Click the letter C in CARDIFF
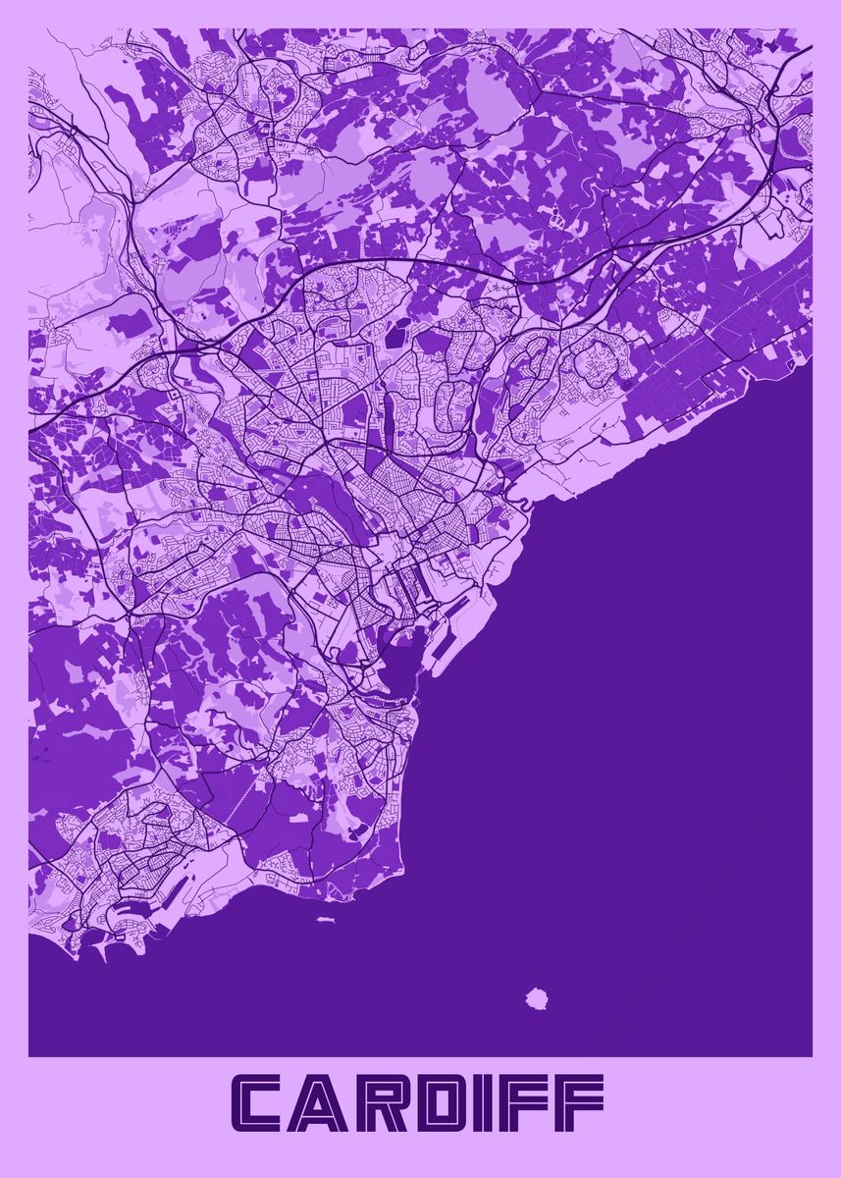point(267,1102)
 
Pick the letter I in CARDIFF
point(502,1102)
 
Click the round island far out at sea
point(536,998)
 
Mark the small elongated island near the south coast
point(326,921)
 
